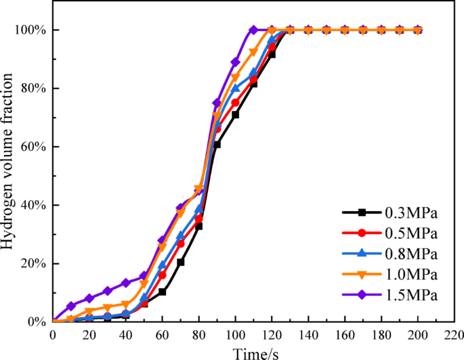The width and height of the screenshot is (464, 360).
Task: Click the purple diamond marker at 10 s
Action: pos(71,306)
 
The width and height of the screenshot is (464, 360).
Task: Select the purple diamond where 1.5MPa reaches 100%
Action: pos(253,30)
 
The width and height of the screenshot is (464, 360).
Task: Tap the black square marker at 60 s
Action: pos(163,292)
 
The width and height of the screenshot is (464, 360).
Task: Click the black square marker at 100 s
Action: pos(235,114)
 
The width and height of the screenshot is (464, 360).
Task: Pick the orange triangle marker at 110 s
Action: pos(253,52)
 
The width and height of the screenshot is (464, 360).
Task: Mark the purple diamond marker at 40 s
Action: pos(125,283)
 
